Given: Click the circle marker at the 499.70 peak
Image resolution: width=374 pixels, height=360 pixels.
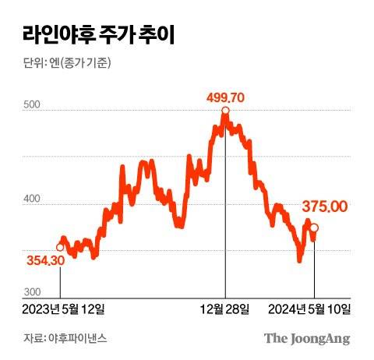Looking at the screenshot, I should click(x=225, y=112).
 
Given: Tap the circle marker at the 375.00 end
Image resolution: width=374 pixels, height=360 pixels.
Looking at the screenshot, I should click(x=314, y=228).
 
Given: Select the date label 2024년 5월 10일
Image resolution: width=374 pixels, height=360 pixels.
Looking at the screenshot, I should click(x=309, y=309).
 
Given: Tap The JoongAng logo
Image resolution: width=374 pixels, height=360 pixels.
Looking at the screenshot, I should click(x=305, y=338).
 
